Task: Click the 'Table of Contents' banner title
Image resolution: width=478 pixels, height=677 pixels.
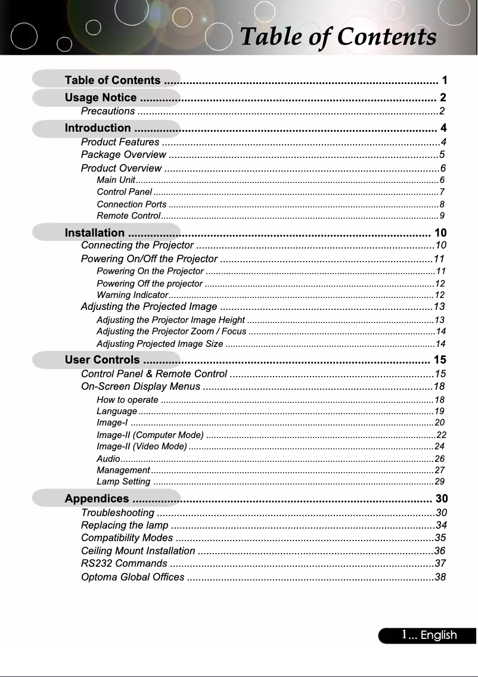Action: (337, 36)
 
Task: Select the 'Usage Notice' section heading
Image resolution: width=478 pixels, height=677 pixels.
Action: (101, 98)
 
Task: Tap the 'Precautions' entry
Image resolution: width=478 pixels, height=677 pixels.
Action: (107, 111)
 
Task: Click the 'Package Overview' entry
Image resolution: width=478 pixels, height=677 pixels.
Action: (123, 155)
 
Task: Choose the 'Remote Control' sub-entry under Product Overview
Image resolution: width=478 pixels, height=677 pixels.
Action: (128, 215)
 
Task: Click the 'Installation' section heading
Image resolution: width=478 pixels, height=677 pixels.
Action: (95, 232)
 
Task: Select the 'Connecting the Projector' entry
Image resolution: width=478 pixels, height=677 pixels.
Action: (138, 246)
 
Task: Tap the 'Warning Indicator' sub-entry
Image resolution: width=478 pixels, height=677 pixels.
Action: (131, 295)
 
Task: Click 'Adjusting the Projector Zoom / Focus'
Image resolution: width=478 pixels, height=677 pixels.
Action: (171, 331)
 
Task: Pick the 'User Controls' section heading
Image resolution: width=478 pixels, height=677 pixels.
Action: (103, 360)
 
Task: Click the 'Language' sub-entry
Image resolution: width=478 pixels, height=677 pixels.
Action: (117, 411)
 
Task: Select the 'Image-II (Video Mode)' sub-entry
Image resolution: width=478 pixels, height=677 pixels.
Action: (141, 446)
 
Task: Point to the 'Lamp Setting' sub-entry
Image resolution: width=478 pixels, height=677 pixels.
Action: (123, 482)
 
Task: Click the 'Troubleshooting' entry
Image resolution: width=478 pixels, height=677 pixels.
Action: (117, 513)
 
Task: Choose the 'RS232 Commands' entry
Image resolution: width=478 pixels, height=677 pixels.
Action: (123, 563)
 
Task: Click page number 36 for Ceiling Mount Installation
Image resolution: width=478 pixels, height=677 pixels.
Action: (440, 550)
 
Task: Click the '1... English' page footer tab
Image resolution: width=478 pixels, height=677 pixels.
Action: (428, 635)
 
